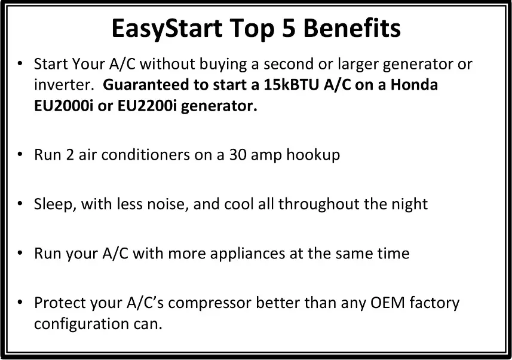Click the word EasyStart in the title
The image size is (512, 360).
[167, 29]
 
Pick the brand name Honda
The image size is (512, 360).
[414, 85]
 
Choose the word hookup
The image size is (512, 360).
[313, 155]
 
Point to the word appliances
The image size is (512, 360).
[247, 254]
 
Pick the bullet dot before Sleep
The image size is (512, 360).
[20, 204]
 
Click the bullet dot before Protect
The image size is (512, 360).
[20, 302]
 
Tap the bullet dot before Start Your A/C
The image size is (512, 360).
[20, 63]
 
